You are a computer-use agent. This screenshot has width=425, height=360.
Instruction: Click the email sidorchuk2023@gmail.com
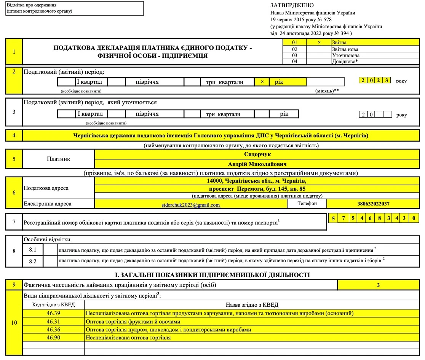(x=191, y=205)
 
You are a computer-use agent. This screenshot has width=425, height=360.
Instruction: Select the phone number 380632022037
(x=373, y=204)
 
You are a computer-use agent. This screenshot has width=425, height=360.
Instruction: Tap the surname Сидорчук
(x=257, y=155)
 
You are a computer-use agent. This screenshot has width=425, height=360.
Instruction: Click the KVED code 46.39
(x=54, y=313)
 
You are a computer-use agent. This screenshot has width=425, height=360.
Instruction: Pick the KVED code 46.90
(x=54, y=338)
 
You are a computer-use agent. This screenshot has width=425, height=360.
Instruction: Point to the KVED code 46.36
(x=54, y=330)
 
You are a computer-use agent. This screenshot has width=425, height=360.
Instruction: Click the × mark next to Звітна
(x=319, y=43)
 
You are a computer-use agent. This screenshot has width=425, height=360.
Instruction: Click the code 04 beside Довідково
(x=294, y=62)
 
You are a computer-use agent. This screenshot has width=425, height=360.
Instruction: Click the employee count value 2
(x=378, y=285)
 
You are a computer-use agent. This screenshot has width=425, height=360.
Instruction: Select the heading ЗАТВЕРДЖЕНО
(x=292, y=5)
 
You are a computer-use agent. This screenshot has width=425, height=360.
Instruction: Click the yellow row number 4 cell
(x=14, y=135)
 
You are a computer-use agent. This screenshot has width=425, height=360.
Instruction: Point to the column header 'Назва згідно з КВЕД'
(x=252, y=304)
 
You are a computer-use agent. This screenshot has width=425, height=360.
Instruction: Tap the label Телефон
(x=307, y=204)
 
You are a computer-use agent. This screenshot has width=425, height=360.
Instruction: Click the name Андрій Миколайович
(x=257, y=164)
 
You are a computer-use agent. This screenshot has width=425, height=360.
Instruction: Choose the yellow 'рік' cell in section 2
(x=288, y=82)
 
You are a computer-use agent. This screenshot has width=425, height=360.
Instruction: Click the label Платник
(x=58, y=159)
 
